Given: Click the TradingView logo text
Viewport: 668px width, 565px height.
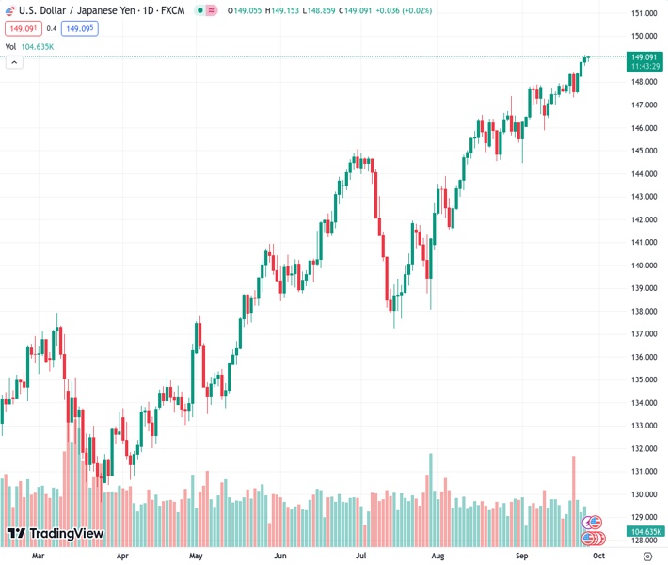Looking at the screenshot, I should (66, 534).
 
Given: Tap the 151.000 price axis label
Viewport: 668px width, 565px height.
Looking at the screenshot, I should (644, 13).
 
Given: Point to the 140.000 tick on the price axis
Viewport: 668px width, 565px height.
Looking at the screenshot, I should (644, 266).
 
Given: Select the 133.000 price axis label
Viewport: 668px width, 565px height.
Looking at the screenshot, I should (644, 426).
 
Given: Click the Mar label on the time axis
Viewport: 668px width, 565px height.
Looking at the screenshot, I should (38, 556).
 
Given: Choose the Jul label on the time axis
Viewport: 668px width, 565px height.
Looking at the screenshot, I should (361, 556).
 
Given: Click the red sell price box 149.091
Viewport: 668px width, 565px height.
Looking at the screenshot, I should (23, 28).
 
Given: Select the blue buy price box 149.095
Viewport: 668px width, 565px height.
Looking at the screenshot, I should (79, 28).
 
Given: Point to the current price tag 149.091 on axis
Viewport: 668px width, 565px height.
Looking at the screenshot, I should (643, 56).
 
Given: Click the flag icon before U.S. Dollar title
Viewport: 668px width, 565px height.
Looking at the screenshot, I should (9, 10).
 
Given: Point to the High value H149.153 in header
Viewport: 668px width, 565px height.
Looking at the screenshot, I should (288, 10).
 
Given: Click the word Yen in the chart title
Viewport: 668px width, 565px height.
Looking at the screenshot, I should (123, 10).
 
